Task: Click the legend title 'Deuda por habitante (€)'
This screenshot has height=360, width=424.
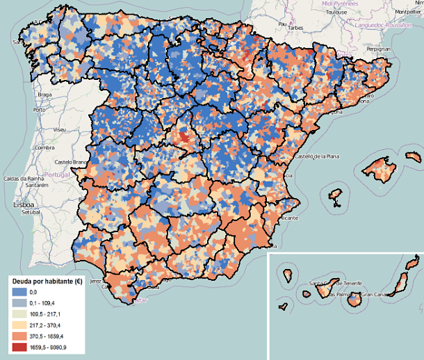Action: [x=46, y=281]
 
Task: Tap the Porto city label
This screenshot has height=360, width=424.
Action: [x=39, y=110]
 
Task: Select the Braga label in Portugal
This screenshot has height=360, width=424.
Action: [x=45, y=94]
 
